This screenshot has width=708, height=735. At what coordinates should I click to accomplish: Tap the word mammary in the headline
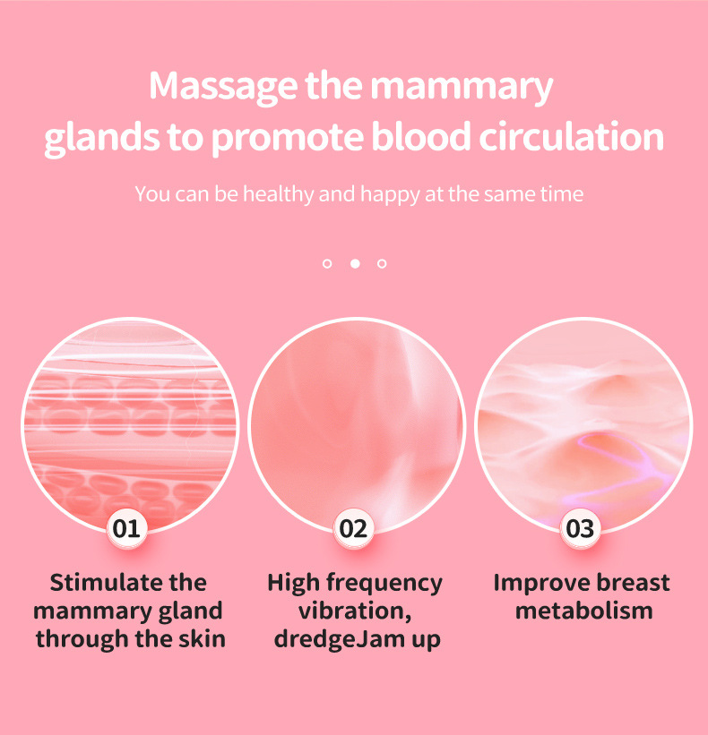(462, 87)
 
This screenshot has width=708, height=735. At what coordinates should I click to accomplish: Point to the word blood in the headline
(437, 137)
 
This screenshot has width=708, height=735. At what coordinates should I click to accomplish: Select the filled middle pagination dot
(354, 263)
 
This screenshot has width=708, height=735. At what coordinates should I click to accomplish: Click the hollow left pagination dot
(327, 263)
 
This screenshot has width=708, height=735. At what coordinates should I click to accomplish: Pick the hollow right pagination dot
(382, 263)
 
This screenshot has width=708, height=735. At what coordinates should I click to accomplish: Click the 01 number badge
(127, 528)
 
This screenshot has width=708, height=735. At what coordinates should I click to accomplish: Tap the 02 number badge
(354, 528)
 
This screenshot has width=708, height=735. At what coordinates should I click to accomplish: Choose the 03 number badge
(581, 528)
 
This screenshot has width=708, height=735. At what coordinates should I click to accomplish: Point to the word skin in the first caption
(202, 639)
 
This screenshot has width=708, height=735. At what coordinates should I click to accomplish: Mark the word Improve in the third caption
(535, 583)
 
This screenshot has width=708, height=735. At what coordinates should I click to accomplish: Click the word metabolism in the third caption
(583, 611)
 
